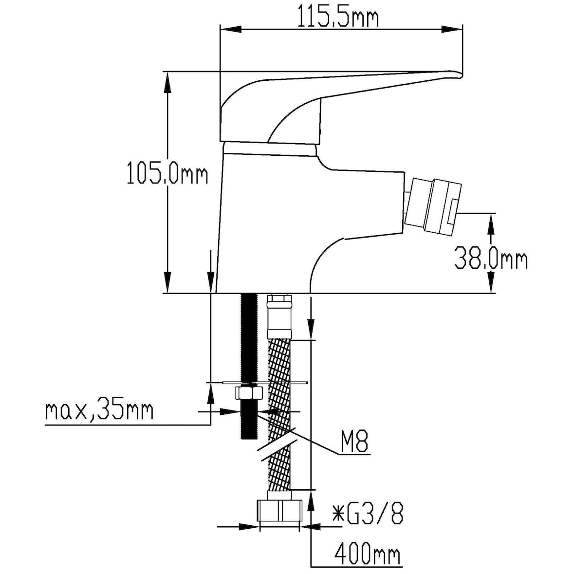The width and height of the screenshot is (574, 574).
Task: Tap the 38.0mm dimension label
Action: coord(490,259)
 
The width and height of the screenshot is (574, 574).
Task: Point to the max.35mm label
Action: coord(99,411)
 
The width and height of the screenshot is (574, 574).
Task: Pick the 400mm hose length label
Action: coord(367,554)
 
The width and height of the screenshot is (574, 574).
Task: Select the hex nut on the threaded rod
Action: coord(248,392)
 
